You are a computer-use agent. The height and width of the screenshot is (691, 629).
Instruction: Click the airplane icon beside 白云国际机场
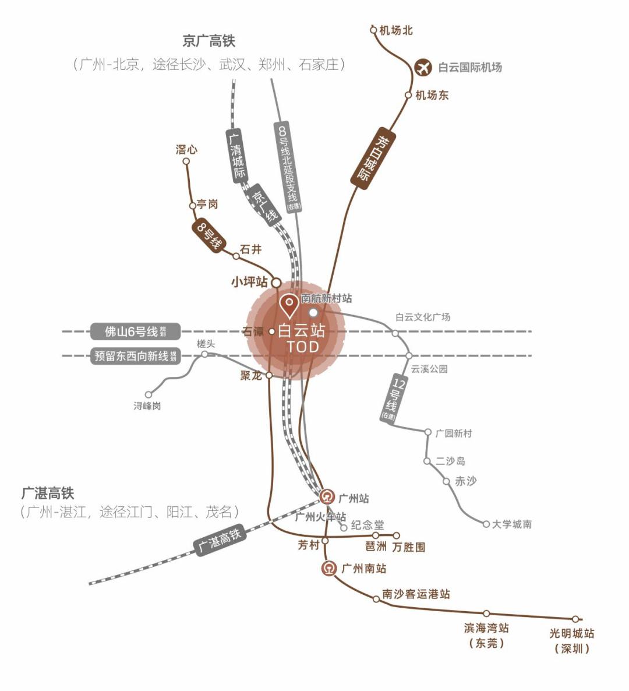point(423,68)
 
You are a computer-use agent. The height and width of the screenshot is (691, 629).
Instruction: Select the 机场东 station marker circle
point(408,95)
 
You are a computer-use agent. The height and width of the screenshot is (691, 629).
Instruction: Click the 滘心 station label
point(186,150)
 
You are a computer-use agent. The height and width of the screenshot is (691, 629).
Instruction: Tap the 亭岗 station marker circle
point(193,206)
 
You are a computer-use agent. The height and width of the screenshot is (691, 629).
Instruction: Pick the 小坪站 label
point(249,282)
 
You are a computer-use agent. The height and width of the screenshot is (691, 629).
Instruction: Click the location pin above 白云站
point(289,305)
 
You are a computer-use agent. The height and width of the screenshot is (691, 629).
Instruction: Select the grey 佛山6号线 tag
point(135,332)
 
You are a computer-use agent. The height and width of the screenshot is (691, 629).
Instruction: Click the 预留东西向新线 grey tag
point(135,355)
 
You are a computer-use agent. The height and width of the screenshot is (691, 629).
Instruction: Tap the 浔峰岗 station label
point(147,406)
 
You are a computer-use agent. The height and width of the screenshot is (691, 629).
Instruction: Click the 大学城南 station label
point(511,524)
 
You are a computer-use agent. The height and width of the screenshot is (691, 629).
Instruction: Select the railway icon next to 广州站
point(328,497)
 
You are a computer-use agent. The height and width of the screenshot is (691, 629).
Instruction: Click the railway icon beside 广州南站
point(330,568)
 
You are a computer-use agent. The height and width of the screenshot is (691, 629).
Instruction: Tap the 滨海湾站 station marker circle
point(486,613)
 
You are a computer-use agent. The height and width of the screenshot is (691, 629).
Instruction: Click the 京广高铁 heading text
point(209,41)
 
